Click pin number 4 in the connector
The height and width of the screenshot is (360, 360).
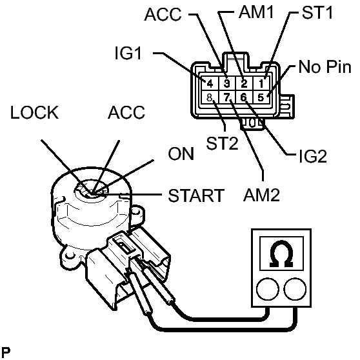210,84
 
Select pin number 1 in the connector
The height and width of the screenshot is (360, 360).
261,84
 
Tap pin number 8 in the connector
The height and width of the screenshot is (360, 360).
210,97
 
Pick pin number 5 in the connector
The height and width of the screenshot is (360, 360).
261,97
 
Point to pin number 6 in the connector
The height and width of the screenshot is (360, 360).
243,97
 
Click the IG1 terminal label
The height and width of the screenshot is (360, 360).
128,54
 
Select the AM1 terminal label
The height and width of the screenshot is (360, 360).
256,12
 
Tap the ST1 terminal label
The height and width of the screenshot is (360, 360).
317,12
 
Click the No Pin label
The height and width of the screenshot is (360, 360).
325,67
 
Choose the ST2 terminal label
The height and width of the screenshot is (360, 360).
222,143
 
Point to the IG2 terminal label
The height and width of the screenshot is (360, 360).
313,156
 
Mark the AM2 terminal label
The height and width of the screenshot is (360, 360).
261,195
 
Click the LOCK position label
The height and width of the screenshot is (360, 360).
34,112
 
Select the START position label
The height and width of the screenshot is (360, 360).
196,195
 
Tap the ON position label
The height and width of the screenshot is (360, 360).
181,154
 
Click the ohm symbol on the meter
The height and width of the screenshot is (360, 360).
281,254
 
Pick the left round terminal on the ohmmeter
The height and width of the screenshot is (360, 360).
268,288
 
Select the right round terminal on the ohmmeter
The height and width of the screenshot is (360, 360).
295,288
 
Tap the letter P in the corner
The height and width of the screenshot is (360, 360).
6,352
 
